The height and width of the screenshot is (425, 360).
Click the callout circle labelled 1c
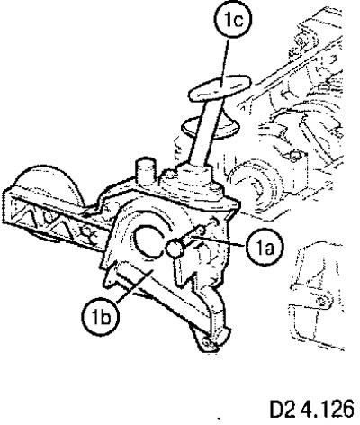(x=233, y=22)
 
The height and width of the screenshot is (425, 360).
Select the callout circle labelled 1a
(x=265, y=248)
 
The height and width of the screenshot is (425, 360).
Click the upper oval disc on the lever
(x=219, y=86)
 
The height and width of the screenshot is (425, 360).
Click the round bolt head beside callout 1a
(x=176, y=249)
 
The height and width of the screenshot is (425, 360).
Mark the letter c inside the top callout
(x=239, y=22)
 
